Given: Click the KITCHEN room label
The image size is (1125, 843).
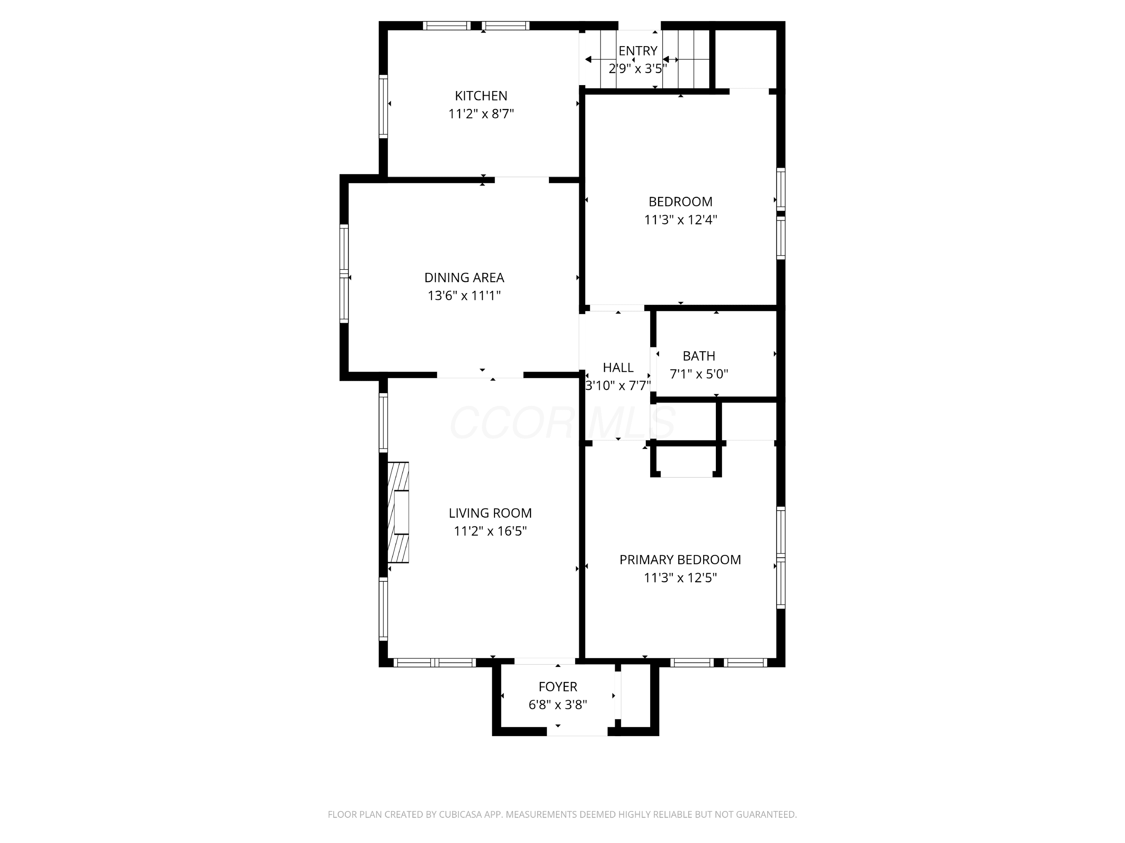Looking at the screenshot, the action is pos(481,96).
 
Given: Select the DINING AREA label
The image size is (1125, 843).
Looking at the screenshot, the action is pos(464,278).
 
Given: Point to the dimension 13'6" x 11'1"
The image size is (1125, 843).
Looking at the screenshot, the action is pos(464,296).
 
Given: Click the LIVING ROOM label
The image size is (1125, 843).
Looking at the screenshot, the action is pos(490,513).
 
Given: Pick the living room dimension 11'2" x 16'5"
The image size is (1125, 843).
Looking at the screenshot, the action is pos(490,531).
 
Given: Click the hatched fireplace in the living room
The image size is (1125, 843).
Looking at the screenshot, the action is pos(398,512).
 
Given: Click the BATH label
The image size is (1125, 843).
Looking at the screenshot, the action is pos(699,356).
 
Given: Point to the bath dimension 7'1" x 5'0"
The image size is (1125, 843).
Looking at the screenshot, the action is pos(699,374).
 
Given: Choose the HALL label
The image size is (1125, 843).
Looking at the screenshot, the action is pos(618,368).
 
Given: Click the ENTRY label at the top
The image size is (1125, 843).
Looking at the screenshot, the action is pos(638,51).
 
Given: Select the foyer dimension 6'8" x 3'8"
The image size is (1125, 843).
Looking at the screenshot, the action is pos(558,705).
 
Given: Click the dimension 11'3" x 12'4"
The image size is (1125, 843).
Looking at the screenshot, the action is pos(681,220).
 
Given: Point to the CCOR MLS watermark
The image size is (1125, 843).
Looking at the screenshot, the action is pos(562,423).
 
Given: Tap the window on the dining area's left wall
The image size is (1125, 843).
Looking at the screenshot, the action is pos(344,274).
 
